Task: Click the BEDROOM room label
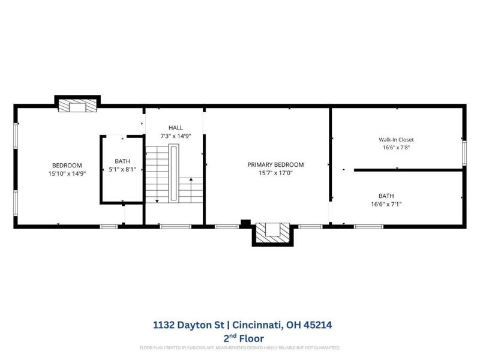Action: pos(67,165)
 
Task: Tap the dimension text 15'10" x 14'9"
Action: pos(67,173)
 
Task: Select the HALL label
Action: pos(175,128)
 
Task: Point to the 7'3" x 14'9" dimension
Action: pos(175,136)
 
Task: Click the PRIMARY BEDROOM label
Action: pos(275,164)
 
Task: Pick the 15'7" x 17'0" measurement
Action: pos(275,173)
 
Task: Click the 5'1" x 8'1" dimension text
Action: pos(122,170)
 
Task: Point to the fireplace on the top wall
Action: pos(77,106)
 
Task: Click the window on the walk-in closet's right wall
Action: pos(463,152)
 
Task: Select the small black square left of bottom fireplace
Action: pos(244,223)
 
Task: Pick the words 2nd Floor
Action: pos(239,338)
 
